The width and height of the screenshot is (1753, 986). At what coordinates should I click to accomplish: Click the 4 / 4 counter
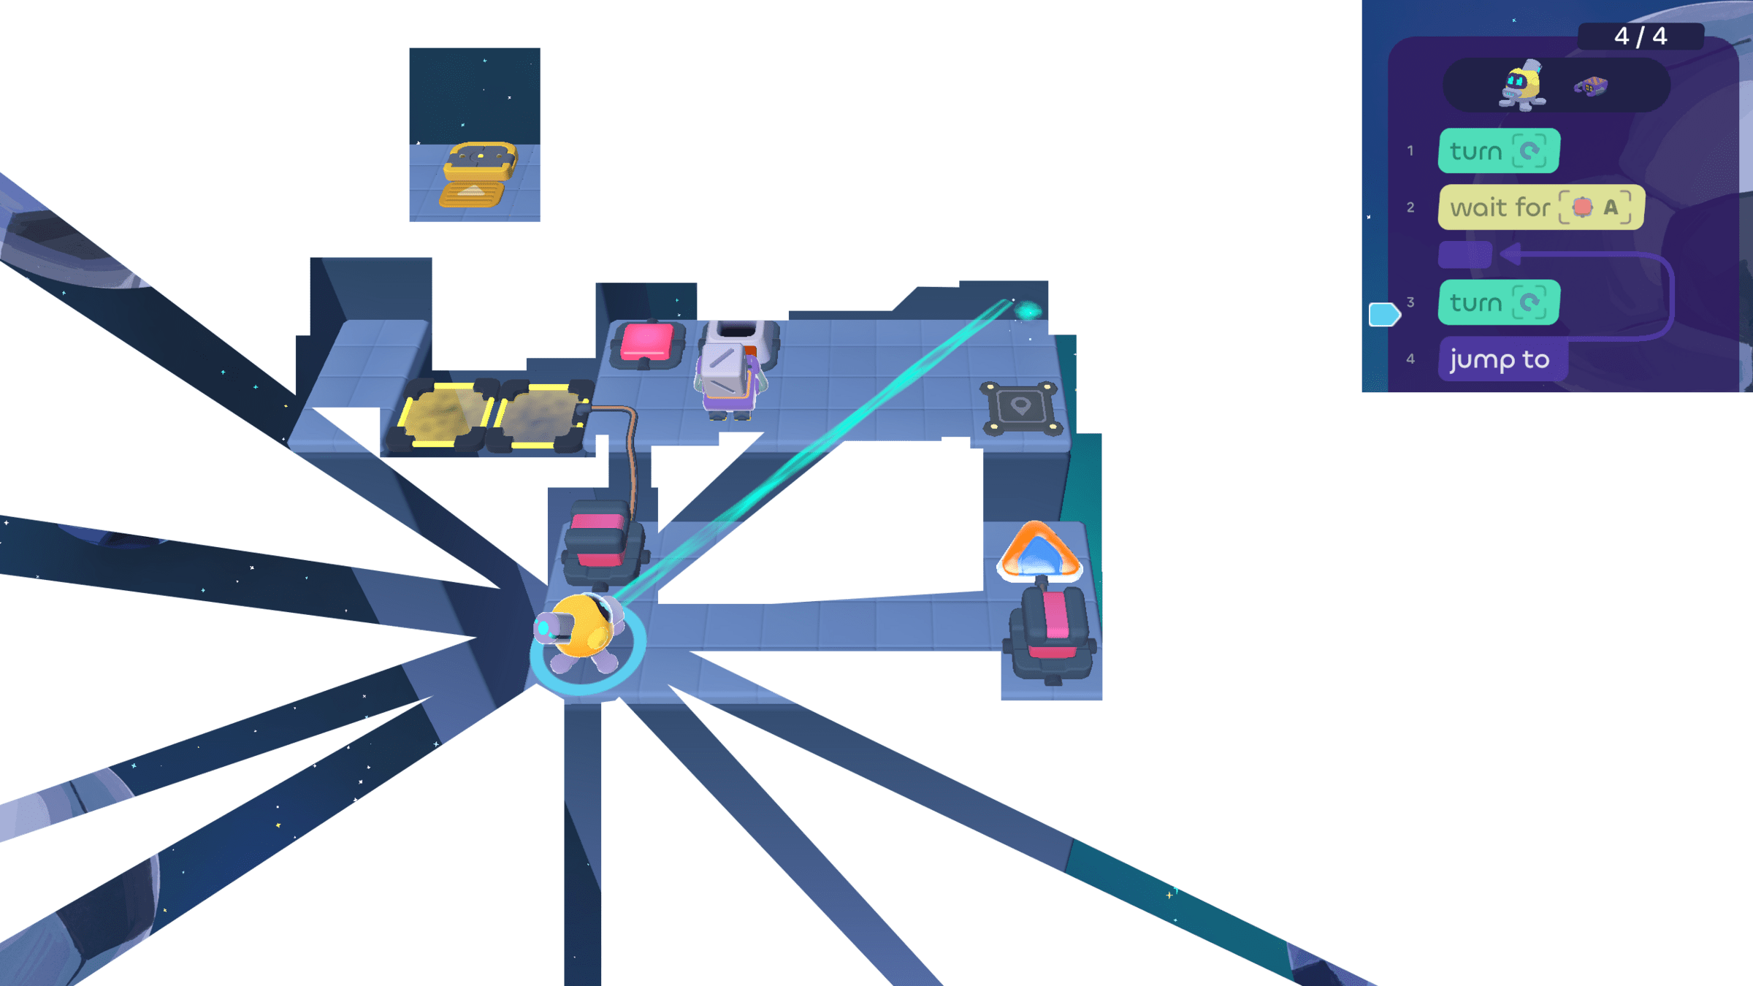(x=1641, y=37)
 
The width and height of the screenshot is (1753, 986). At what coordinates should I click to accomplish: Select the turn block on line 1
(x=1499, y=151)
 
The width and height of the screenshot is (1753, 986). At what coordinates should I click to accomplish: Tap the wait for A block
(x=1540, y=207)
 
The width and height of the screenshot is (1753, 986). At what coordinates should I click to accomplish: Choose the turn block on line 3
(x=1499, y=302)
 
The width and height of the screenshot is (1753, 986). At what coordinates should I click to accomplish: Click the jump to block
(x=1501, y=359)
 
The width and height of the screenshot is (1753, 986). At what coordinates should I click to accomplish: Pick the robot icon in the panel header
(x=1522, y=86)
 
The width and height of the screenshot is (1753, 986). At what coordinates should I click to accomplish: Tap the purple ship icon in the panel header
(x=1591, y=87)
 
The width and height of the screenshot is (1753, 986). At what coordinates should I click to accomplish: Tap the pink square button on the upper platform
(x=646, y=343)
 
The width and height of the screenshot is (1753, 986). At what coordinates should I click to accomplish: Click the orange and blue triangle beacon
(x=1038, y=551)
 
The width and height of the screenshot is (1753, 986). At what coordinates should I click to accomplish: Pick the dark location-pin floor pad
(x=1020, y=408)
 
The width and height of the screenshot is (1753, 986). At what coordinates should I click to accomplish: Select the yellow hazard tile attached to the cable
(x=541, y=415)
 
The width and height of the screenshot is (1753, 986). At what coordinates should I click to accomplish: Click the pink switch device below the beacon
(x=1052, y=632)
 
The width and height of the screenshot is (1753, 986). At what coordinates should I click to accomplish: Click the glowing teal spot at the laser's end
(x=1028, y=311)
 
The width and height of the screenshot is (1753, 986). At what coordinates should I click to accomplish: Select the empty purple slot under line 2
(x=1464, y=255)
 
